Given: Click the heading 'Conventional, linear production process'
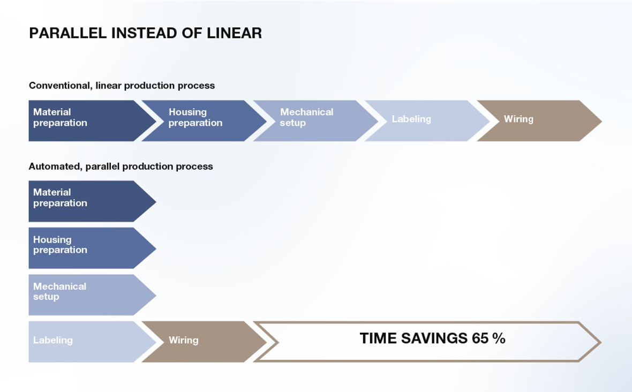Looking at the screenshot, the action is (122, 86).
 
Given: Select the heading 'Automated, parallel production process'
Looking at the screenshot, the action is (121, 167).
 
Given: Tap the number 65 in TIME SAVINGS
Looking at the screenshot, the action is (480, 338).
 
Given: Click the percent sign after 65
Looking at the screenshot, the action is (499, 338).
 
